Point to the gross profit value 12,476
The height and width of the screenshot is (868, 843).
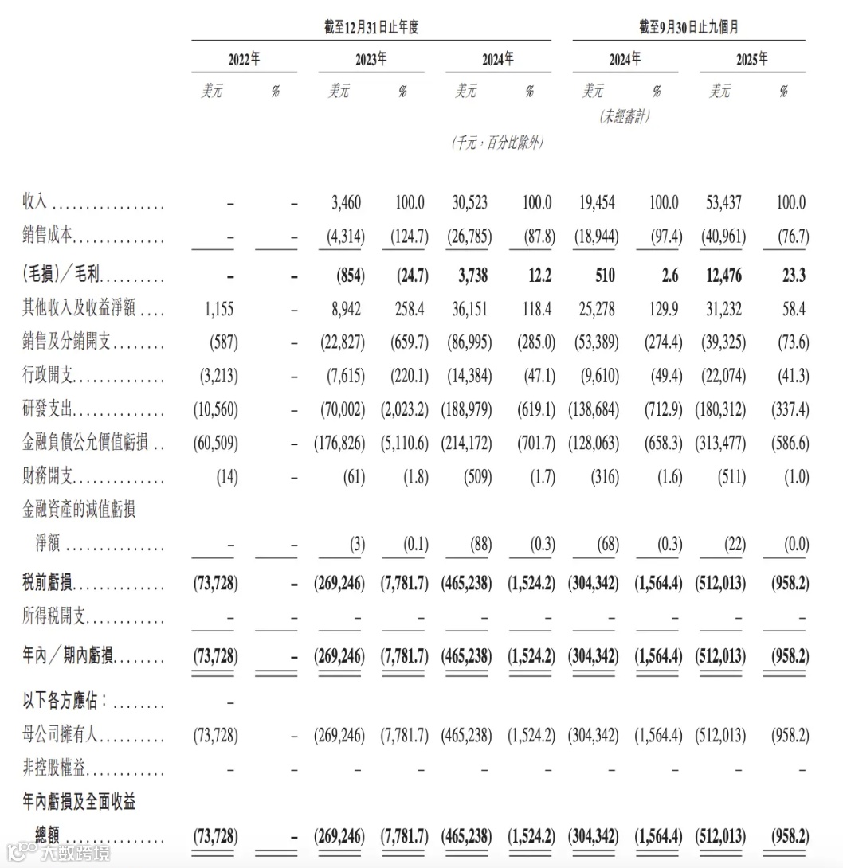pos(723,276)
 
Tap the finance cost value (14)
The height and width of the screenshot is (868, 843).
pos(226,477)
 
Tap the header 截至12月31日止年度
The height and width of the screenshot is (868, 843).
pos(371,27)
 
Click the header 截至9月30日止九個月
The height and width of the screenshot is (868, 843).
pos(688,27)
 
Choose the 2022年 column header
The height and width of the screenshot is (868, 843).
pos(244,60)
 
